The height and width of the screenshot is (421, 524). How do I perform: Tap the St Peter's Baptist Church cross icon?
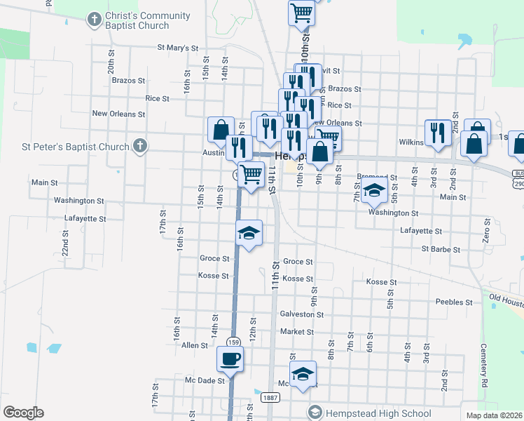coord(140,147)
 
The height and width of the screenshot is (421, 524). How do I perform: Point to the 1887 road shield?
coord(270,397)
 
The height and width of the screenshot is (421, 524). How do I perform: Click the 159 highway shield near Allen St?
coord(234,342)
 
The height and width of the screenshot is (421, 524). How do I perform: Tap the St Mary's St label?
coord(175,48)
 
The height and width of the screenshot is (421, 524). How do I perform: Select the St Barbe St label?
coord(441,249)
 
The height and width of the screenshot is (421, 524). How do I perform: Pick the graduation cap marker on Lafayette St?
coord(249,233)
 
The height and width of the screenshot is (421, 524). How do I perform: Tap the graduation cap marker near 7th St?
coord(374,190)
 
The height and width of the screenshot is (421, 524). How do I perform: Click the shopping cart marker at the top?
coord(301,12)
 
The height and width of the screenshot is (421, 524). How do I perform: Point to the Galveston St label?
coord(301,314)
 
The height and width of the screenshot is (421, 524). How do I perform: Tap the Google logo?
coord(23,413)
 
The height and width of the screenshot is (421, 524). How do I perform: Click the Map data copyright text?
coord(492,415)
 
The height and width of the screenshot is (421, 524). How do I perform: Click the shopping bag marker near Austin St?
coord(221,130)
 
